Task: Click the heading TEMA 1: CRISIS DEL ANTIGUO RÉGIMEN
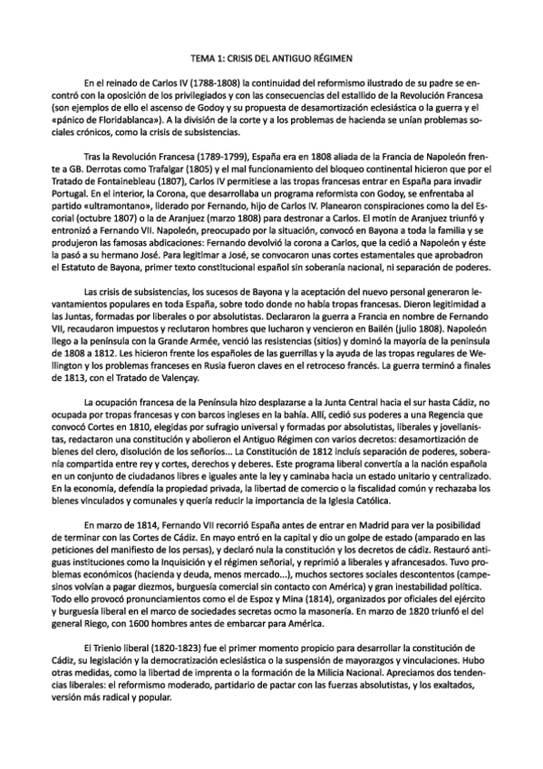click(271, 57)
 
